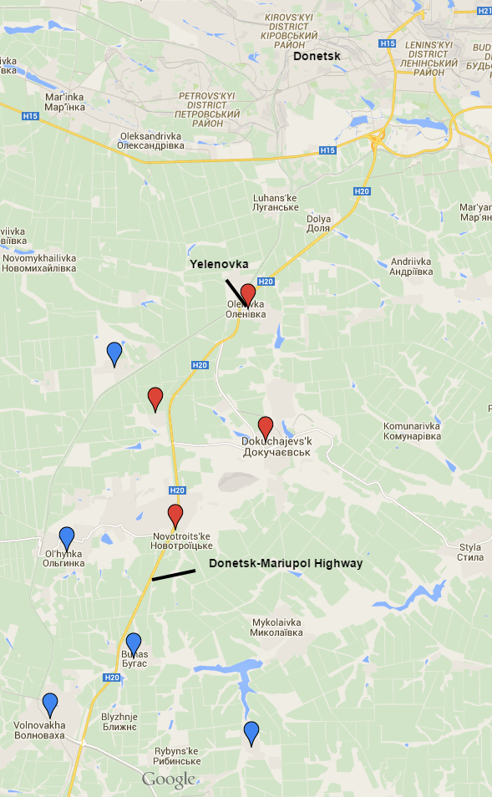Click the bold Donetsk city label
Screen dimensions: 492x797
317,57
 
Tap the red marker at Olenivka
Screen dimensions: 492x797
247,295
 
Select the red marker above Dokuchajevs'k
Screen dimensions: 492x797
266,427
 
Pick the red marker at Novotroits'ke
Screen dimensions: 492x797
175,515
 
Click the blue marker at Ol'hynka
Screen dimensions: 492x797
67,538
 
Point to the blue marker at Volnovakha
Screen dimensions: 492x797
50,704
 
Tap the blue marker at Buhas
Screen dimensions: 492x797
133,644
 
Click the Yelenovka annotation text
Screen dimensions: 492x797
219,264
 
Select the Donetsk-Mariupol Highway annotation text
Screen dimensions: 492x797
286,564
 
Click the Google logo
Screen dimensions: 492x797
168,780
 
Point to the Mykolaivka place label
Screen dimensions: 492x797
276,628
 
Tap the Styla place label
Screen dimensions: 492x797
470,553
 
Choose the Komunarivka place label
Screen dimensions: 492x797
411,431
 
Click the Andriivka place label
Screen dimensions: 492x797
411,266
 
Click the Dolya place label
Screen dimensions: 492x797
318,223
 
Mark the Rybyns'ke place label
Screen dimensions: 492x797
177,756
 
